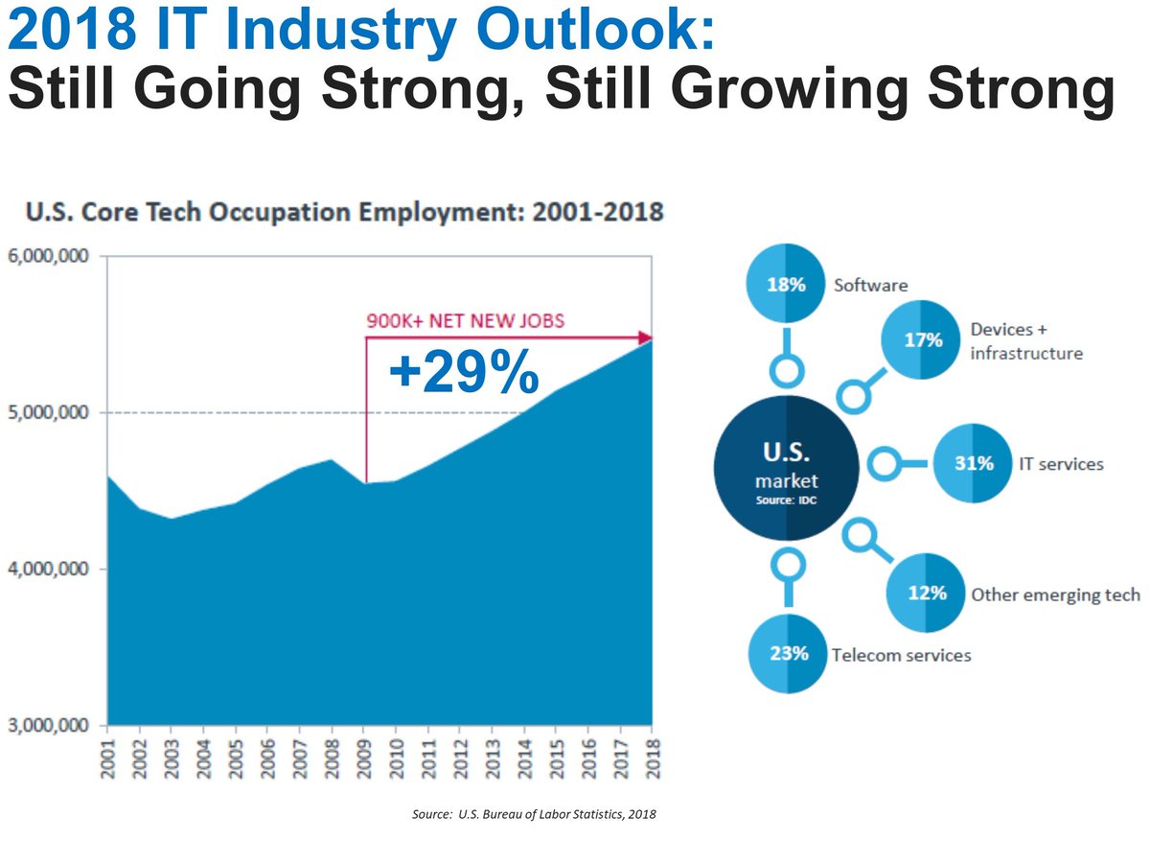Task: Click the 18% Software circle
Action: tap(784, 285)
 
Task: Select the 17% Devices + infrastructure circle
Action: tap(921, 340)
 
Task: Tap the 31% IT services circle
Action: tap(973, 464)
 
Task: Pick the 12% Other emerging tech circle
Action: tap(926, 593)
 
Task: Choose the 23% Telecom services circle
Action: tap(788, 655)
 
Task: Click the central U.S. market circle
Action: tap(787, 467)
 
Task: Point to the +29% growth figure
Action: tap(464, 373)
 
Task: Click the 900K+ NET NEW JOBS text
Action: tap(465, 320)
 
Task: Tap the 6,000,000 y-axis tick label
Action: tap(49, 256)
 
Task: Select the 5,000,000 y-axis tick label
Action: tap(49, 412)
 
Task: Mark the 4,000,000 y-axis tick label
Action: tap(49, 569)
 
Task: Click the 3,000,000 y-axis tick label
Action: tap(49, 725)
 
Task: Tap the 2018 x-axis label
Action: tap(653, 758)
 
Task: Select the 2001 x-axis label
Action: tap(107, 758)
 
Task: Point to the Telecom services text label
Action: tap(901, 656)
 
